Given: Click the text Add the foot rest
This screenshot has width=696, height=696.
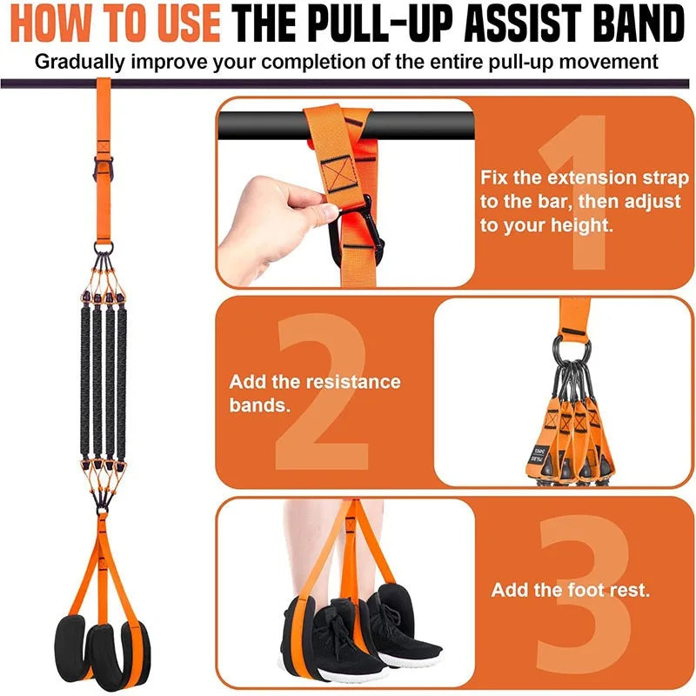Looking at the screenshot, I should click(x=570, y=590).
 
